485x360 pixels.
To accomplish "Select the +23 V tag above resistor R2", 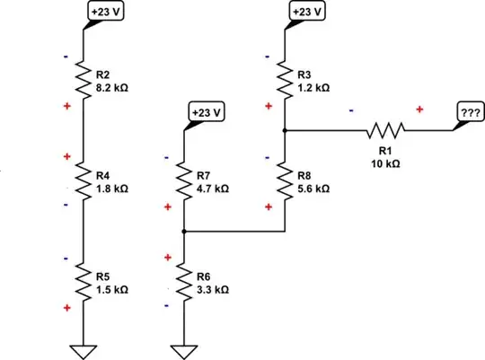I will (x=104, y=12).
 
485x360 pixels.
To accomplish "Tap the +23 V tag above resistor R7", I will (x=206, y=112).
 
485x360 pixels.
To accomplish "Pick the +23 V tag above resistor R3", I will (x=306, y=12).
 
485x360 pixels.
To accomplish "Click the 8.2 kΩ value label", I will (x=112, y=89).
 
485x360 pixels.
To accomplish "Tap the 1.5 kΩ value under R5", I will (x=112, y=291).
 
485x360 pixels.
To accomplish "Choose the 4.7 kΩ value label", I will (x=213, y=189).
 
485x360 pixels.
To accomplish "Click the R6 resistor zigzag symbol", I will (x=184, y=282).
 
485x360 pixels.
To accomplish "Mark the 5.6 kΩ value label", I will (x=314, y=189).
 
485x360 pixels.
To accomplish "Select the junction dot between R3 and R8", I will (x=285, y=131).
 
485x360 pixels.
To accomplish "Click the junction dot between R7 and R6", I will (x=184, y=232).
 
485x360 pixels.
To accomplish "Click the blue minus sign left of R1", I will (x=350, y=110).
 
